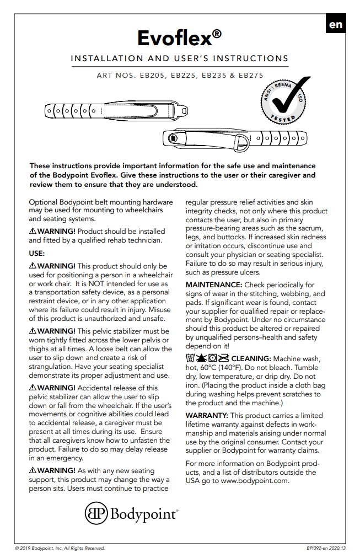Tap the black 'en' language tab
pyautogui.click(x=335, y=24)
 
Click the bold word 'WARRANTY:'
pyautogui.click(x=207, y=415)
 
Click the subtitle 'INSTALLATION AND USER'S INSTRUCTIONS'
pyautogui.click(x=180, y=58)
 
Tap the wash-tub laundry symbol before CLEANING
pyautogui.click(x=191, y=358)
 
